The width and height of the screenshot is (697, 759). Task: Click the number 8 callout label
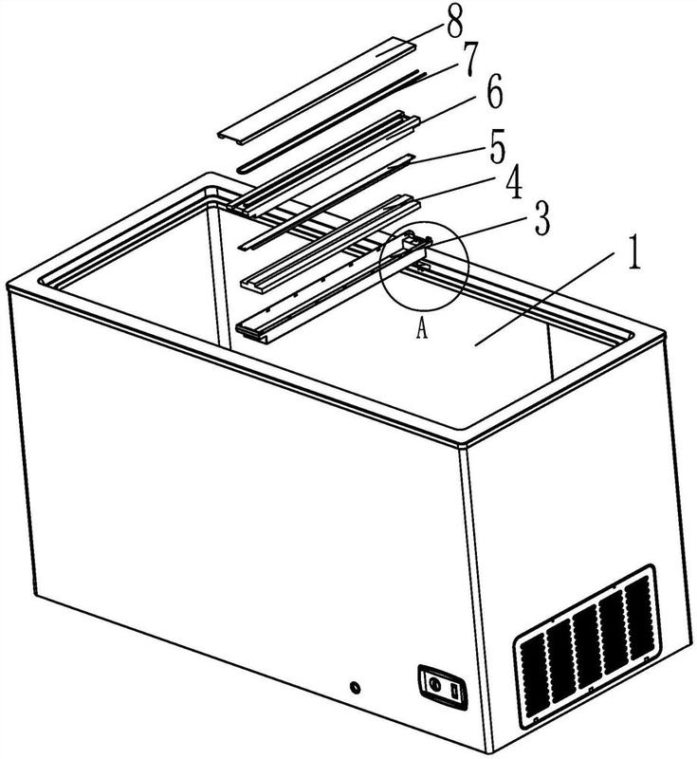tap(454, 23)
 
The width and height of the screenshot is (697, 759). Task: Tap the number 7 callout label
tap(470, 59)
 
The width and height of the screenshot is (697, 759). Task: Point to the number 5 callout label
tap(497, 149)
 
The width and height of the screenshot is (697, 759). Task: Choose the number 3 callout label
tap(542, 218)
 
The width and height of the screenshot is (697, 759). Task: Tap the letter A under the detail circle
tap(422, 329)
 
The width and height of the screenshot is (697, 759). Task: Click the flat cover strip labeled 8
tap(317, 90)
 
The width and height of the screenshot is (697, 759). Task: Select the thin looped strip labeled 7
tap(331, 121)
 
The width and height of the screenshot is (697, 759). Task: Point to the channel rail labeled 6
tap(324, 162)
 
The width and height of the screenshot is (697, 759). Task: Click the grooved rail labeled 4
tap(330, 244)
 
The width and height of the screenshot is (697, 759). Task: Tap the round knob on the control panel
tap(434, 684)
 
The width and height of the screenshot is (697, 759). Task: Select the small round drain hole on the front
tap(356, 687)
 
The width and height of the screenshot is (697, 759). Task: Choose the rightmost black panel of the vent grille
tap(639, 619)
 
